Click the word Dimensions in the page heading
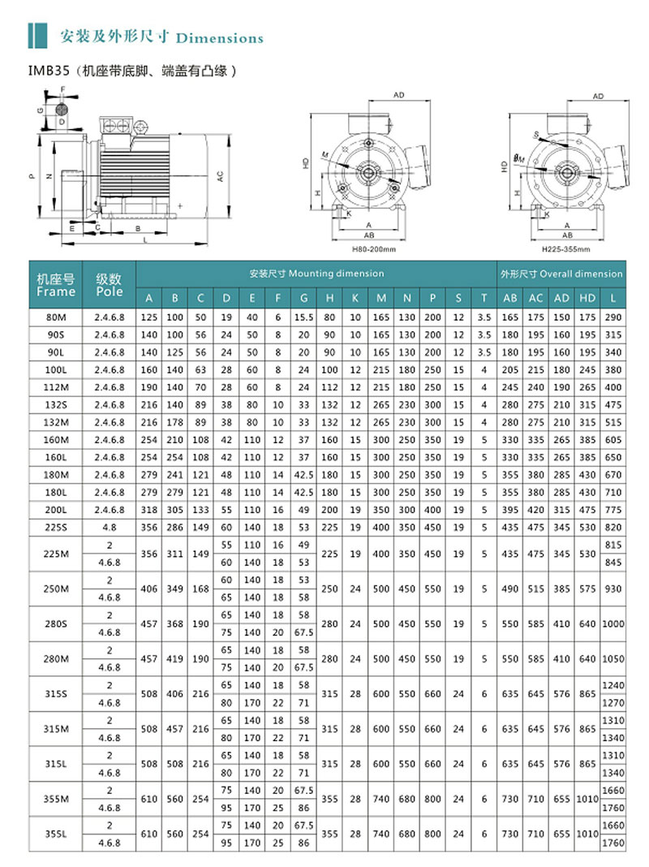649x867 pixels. [219, 38]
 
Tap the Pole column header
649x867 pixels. [109, 285]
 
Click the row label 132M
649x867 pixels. [56, 423]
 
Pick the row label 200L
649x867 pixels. [56, 509]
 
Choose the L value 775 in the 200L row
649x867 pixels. [612, 509]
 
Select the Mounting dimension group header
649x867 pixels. [316, 274]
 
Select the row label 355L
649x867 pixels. [56, 834]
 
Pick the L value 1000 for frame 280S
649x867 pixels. [612, 624]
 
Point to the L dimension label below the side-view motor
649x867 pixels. [144, 241]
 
